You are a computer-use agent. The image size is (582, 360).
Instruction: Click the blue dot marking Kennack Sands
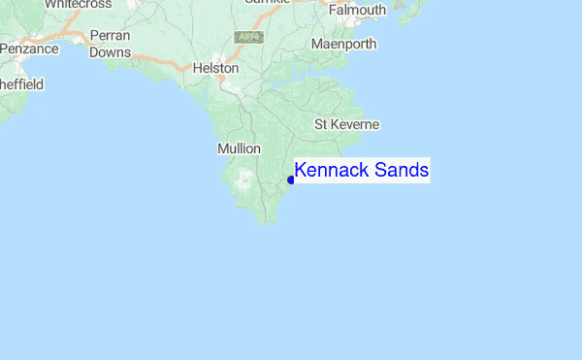click(x=291, y=180)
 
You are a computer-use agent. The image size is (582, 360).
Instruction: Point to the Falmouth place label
click(x=358, y=11)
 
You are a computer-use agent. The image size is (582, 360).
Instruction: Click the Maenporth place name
click(x=343, y=45)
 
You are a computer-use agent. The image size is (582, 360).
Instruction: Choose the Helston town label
click(x=215, y=70)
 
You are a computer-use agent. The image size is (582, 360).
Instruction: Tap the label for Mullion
click(x=239, y=148)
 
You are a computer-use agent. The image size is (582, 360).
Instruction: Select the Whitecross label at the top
click(x=79, y=4)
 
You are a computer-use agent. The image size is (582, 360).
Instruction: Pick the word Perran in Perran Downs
click(x=110, y=36)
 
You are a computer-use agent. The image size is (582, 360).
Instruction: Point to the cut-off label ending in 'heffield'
click(x=21, y=85)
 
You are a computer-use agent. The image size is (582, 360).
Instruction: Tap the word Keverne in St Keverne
click(x=358, y=125)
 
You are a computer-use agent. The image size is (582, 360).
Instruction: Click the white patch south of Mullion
click(x=242, y=179)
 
